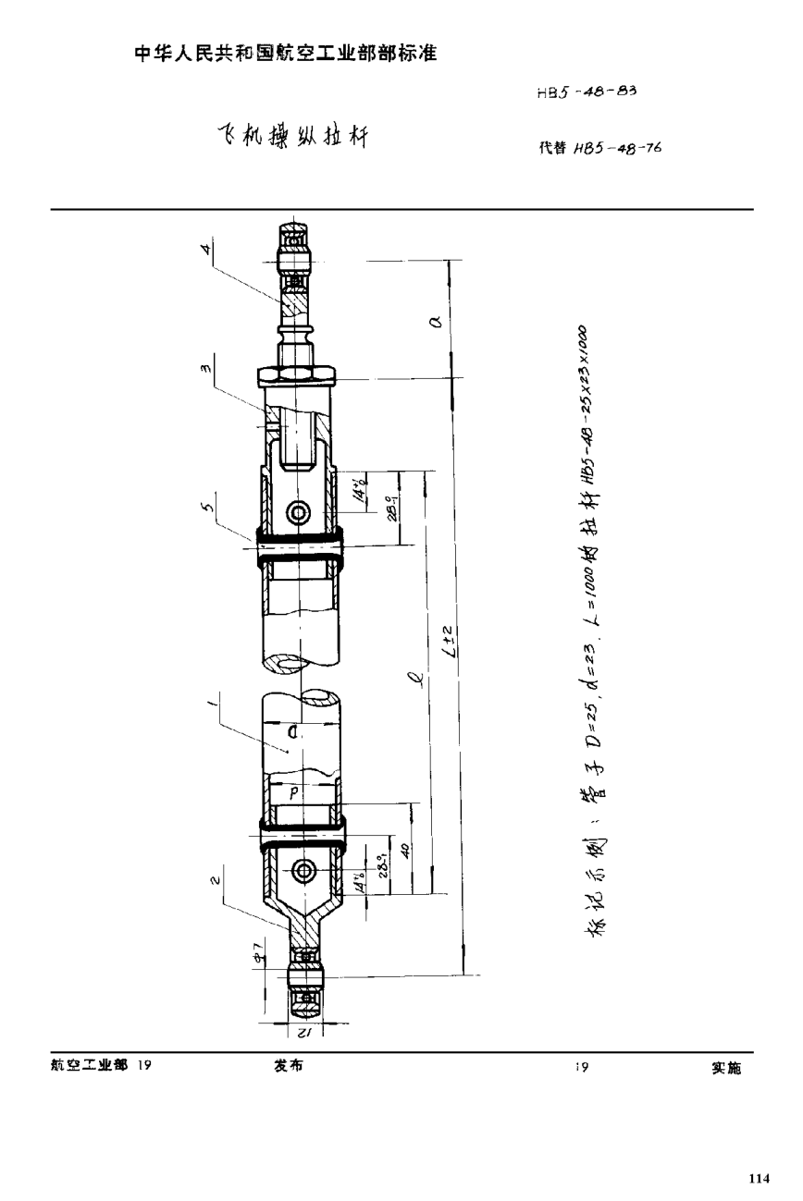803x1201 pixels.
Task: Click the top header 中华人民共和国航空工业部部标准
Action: tap(285, 54)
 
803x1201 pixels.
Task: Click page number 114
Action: tap(758, 1178)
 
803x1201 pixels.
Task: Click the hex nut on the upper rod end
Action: tap(294, 374)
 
